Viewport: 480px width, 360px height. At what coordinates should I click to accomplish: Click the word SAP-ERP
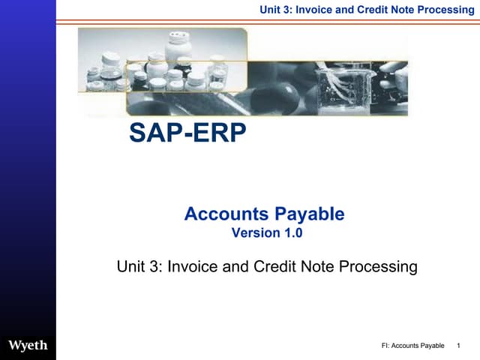(187, 133)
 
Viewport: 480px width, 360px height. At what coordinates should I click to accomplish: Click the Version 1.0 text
(266, 232)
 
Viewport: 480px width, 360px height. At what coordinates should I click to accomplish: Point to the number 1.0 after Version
(292, 232)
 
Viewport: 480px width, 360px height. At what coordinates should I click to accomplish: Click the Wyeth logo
(28, 345)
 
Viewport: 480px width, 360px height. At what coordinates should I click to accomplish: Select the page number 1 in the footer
(458, 346)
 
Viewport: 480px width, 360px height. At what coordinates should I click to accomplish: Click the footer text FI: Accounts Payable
(413, 346)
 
